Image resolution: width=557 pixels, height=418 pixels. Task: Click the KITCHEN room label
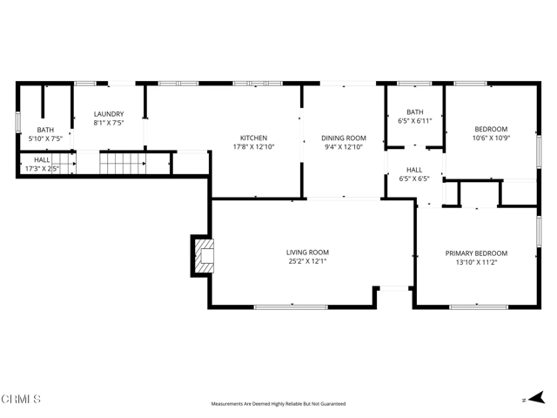pos(253,138)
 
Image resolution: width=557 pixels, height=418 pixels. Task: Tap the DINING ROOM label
pos(344,138)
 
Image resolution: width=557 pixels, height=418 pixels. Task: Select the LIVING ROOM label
pos(308,253)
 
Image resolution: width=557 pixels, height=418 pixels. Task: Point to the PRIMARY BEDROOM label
pos(476,253)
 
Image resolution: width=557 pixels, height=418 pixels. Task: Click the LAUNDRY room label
pos(109,114)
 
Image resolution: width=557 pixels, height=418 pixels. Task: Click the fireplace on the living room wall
pos(202,255)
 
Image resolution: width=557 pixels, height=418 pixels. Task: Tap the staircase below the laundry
pos(121,162)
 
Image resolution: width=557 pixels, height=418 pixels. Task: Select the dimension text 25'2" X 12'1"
pos(308,262)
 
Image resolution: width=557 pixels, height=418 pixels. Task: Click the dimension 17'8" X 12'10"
pos(253,147)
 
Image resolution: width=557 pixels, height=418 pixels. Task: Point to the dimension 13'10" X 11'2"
pos(476,263)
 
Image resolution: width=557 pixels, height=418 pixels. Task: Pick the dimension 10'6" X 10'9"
pos(490,138)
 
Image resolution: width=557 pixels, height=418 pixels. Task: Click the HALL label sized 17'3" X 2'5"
pos(42,160)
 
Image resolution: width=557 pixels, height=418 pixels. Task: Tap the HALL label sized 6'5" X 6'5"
pos(414,170)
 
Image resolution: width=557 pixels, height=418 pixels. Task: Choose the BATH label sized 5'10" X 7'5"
pos(45,130)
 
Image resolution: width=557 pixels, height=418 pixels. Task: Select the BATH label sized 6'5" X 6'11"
pos(414,112)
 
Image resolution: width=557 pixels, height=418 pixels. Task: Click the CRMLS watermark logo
pos(22,400)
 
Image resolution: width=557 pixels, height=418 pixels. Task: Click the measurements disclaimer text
pos(278,404)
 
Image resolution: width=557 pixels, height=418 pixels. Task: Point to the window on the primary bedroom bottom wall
pos(479,307)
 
